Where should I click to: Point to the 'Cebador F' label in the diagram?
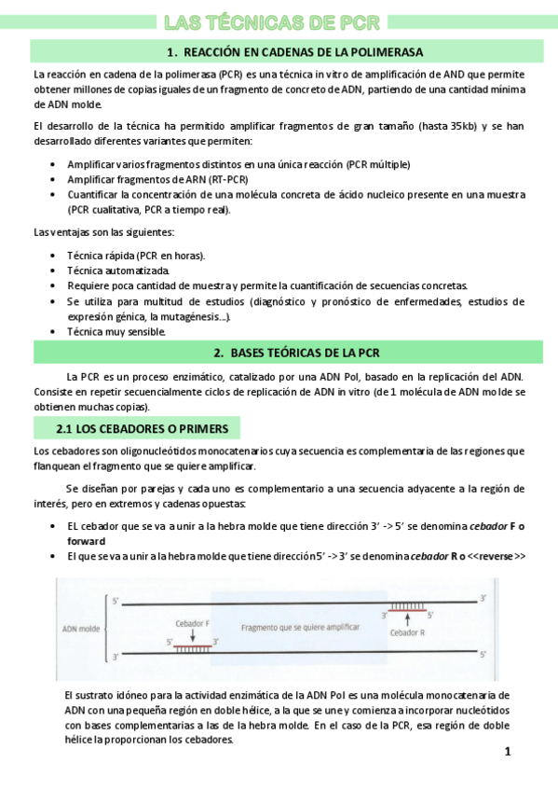[x=192, y=623]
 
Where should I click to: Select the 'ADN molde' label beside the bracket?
[x=80, y=628]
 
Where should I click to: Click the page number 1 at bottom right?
[x=508, y=752]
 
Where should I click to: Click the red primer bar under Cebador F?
[x=192, y=642]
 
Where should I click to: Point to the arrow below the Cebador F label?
[x=192, y=632]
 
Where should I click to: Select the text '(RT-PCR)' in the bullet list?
[x=230, y=179]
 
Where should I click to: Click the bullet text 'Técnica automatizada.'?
[x=118, y=270]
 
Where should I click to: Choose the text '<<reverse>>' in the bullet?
[x=497, y=556]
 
